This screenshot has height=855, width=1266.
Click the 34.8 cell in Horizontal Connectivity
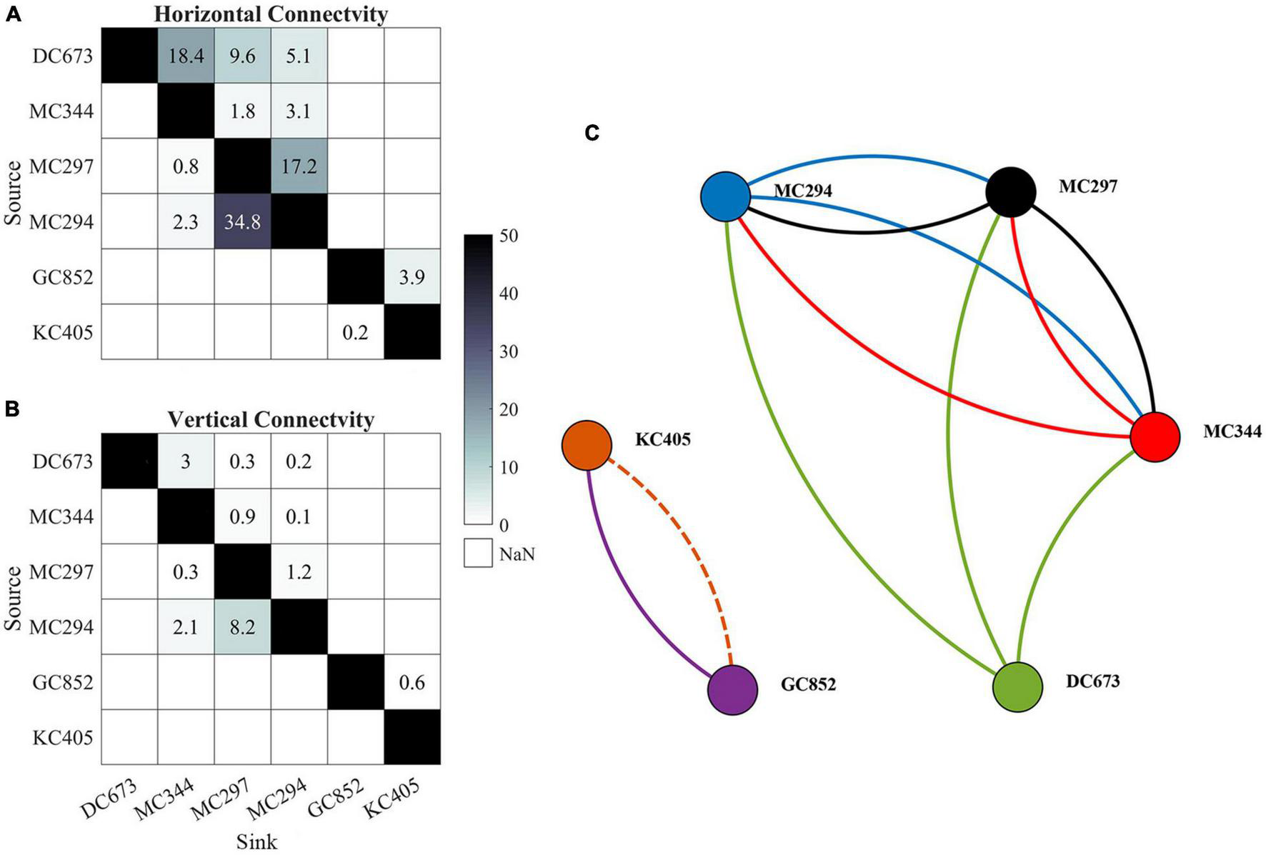pyautogui.click(x=242, y=221)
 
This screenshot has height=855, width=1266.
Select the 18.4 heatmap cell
pyautogui.click(x=186, y=56)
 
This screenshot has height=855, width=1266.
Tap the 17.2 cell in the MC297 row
pyautogui.click(x=299, y=166)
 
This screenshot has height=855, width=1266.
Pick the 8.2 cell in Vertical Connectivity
pyautogui.click(x=242, y=626)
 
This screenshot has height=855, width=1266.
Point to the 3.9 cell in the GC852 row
pyautogui.click(x=412, y=277)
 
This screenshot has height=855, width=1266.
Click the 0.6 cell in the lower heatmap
pyautogui.click(x=412, y=682)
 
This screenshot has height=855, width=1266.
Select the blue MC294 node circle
pyautogui.click(x=725, y=195)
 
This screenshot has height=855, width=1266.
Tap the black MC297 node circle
pyautogui.click(x=1010, y=191)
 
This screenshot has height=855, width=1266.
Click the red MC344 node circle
pyautogui.click(x=1155, y=437)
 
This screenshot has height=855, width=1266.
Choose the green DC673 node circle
pyautogui.click(x=1017, y=687)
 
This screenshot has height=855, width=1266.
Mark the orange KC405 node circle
pyautogui.click(x=587, y=445)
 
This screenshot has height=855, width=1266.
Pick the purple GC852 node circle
pyautogui.click(x=732, y=690)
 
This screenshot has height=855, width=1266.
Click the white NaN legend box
pyautogui.click(x=477, y=553)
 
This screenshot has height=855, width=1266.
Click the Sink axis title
pyautogui.click(x=256, y=841)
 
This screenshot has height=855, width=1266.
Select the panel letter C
pyautogui.click(x=592, y=133)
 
